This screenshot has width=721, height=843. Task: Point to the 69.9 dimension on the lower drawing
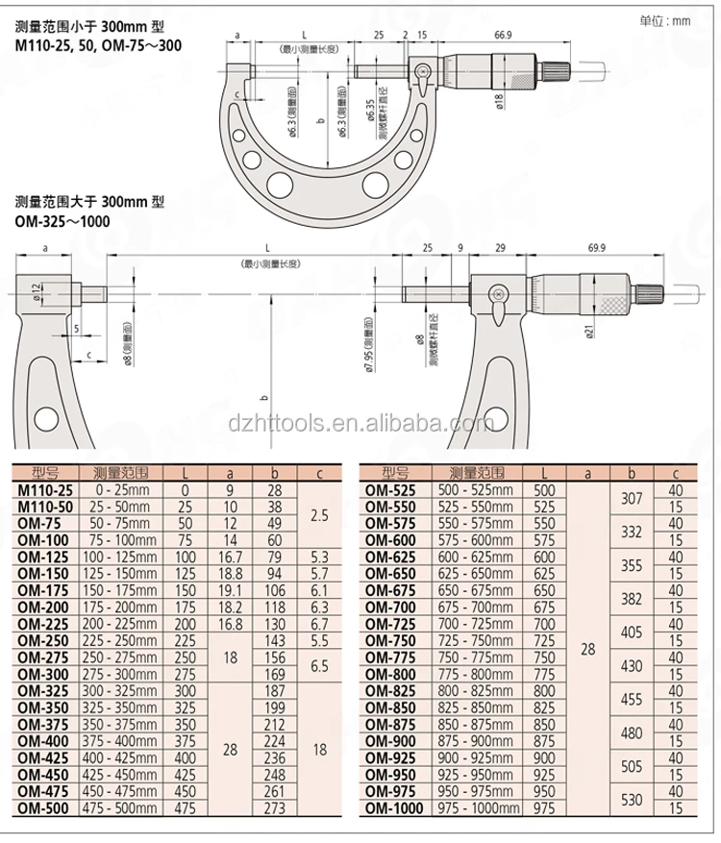tap(596, 248)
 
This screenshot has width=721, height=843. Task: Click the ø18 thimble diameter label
tap(500, 104)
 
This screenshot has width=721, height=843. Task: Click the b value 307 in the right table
tap(632, 498)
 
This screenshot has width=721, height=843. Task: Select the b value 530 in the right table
tap(632, 799)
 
